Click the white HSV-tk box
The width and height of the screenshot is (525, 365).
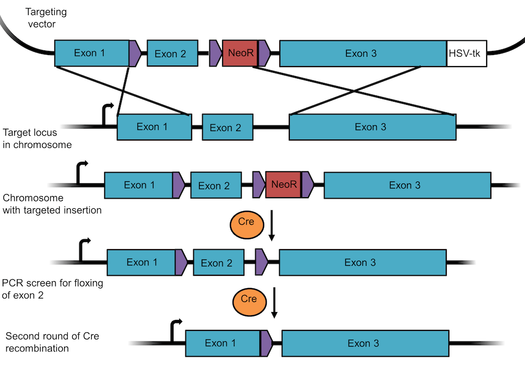coord(467,53)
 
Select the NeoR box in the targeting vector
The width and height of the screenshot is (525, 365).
coord(240,53)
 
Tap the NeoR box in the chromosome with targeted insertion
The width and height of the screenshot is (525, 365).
coord(283,185)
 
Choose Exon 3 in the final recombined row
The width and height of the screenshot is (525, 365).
coord(363,343)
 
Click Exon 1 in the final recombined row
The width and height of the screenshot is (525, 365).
coord(223,343)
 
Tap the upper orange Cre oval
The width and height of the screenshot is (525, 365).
coord(246,222)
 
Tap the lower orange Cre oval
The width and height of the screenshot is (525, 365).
coord(249,299)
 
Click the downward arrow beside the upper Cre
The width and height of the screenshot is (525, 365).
coord(271,226)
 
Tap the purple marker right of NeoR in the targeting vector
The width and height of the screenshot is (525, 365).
coord(264,53)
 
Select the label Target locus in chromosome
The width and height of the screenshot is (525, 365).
coord(37,138)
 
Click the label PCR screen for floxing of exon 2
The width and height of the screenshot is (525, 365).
coord(52,289)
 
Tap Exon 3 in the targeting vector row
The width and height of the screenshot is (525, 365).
coord(362,53)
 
